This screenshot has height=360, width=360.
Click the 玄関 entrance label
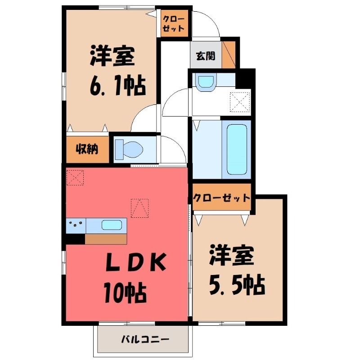click(x=205, y=56)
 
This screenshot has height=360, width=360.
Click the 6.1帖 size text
click(x=117, y=85)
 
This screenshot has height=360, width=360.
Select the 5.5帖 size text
click(x=236, y=283)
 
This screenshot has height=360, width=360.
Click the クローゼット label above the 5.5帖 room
click(x=221, y=198)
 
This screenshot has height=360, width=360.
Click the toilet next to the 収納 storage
click(x=129, y=148)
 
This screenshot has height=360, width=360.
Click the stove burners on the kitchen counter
click(x=75, y=224)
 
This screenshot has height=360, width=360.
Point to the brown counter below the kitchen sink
click(x=106, y=239)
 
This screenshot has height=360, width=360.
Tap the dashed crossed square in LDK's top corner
click(x=75, y=176)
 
